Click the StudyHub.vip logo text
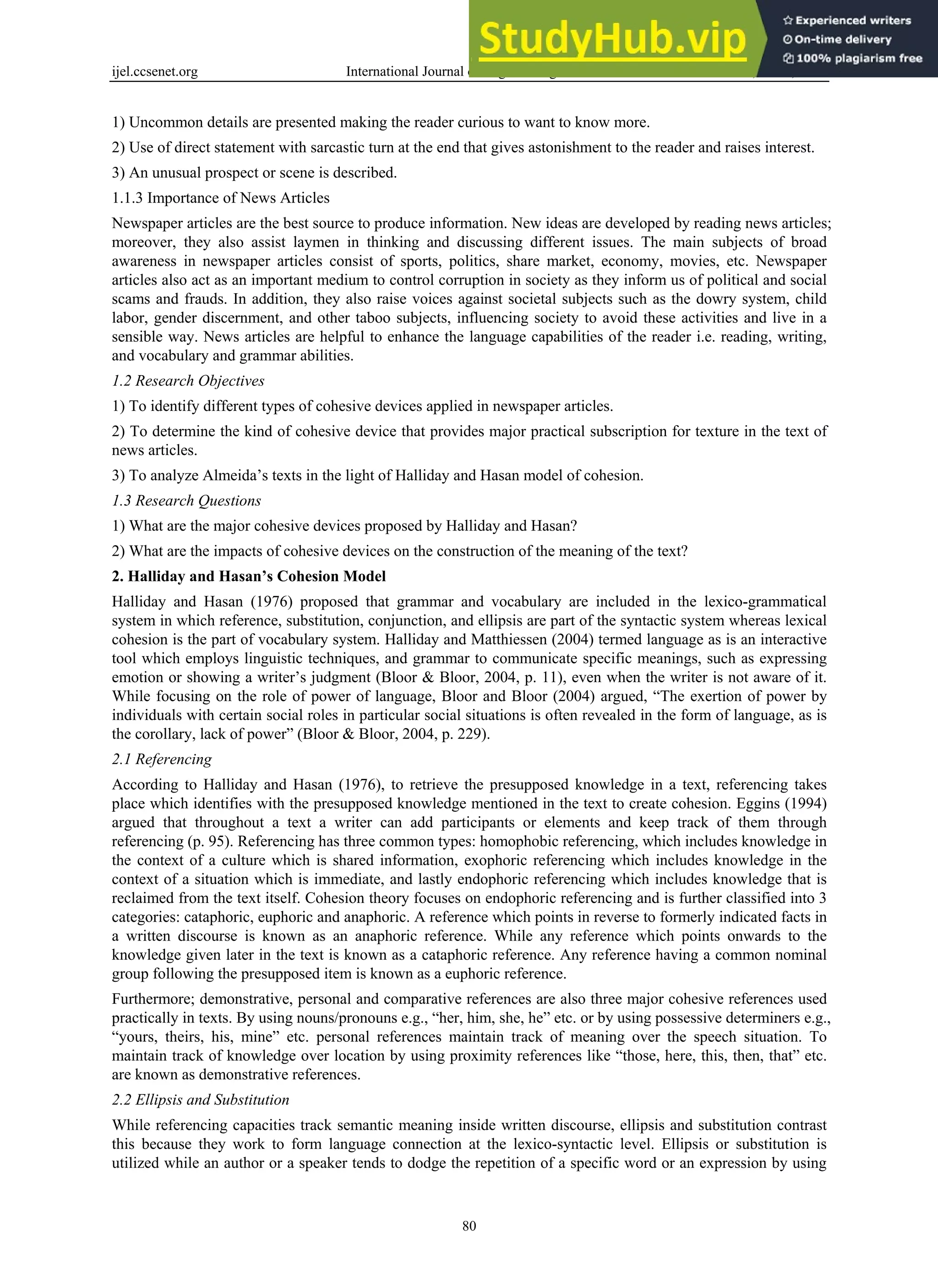pos(612,38)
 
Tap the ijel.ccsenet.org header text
pos(155,71)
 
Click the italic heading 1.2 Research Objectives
pos(188,381)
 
